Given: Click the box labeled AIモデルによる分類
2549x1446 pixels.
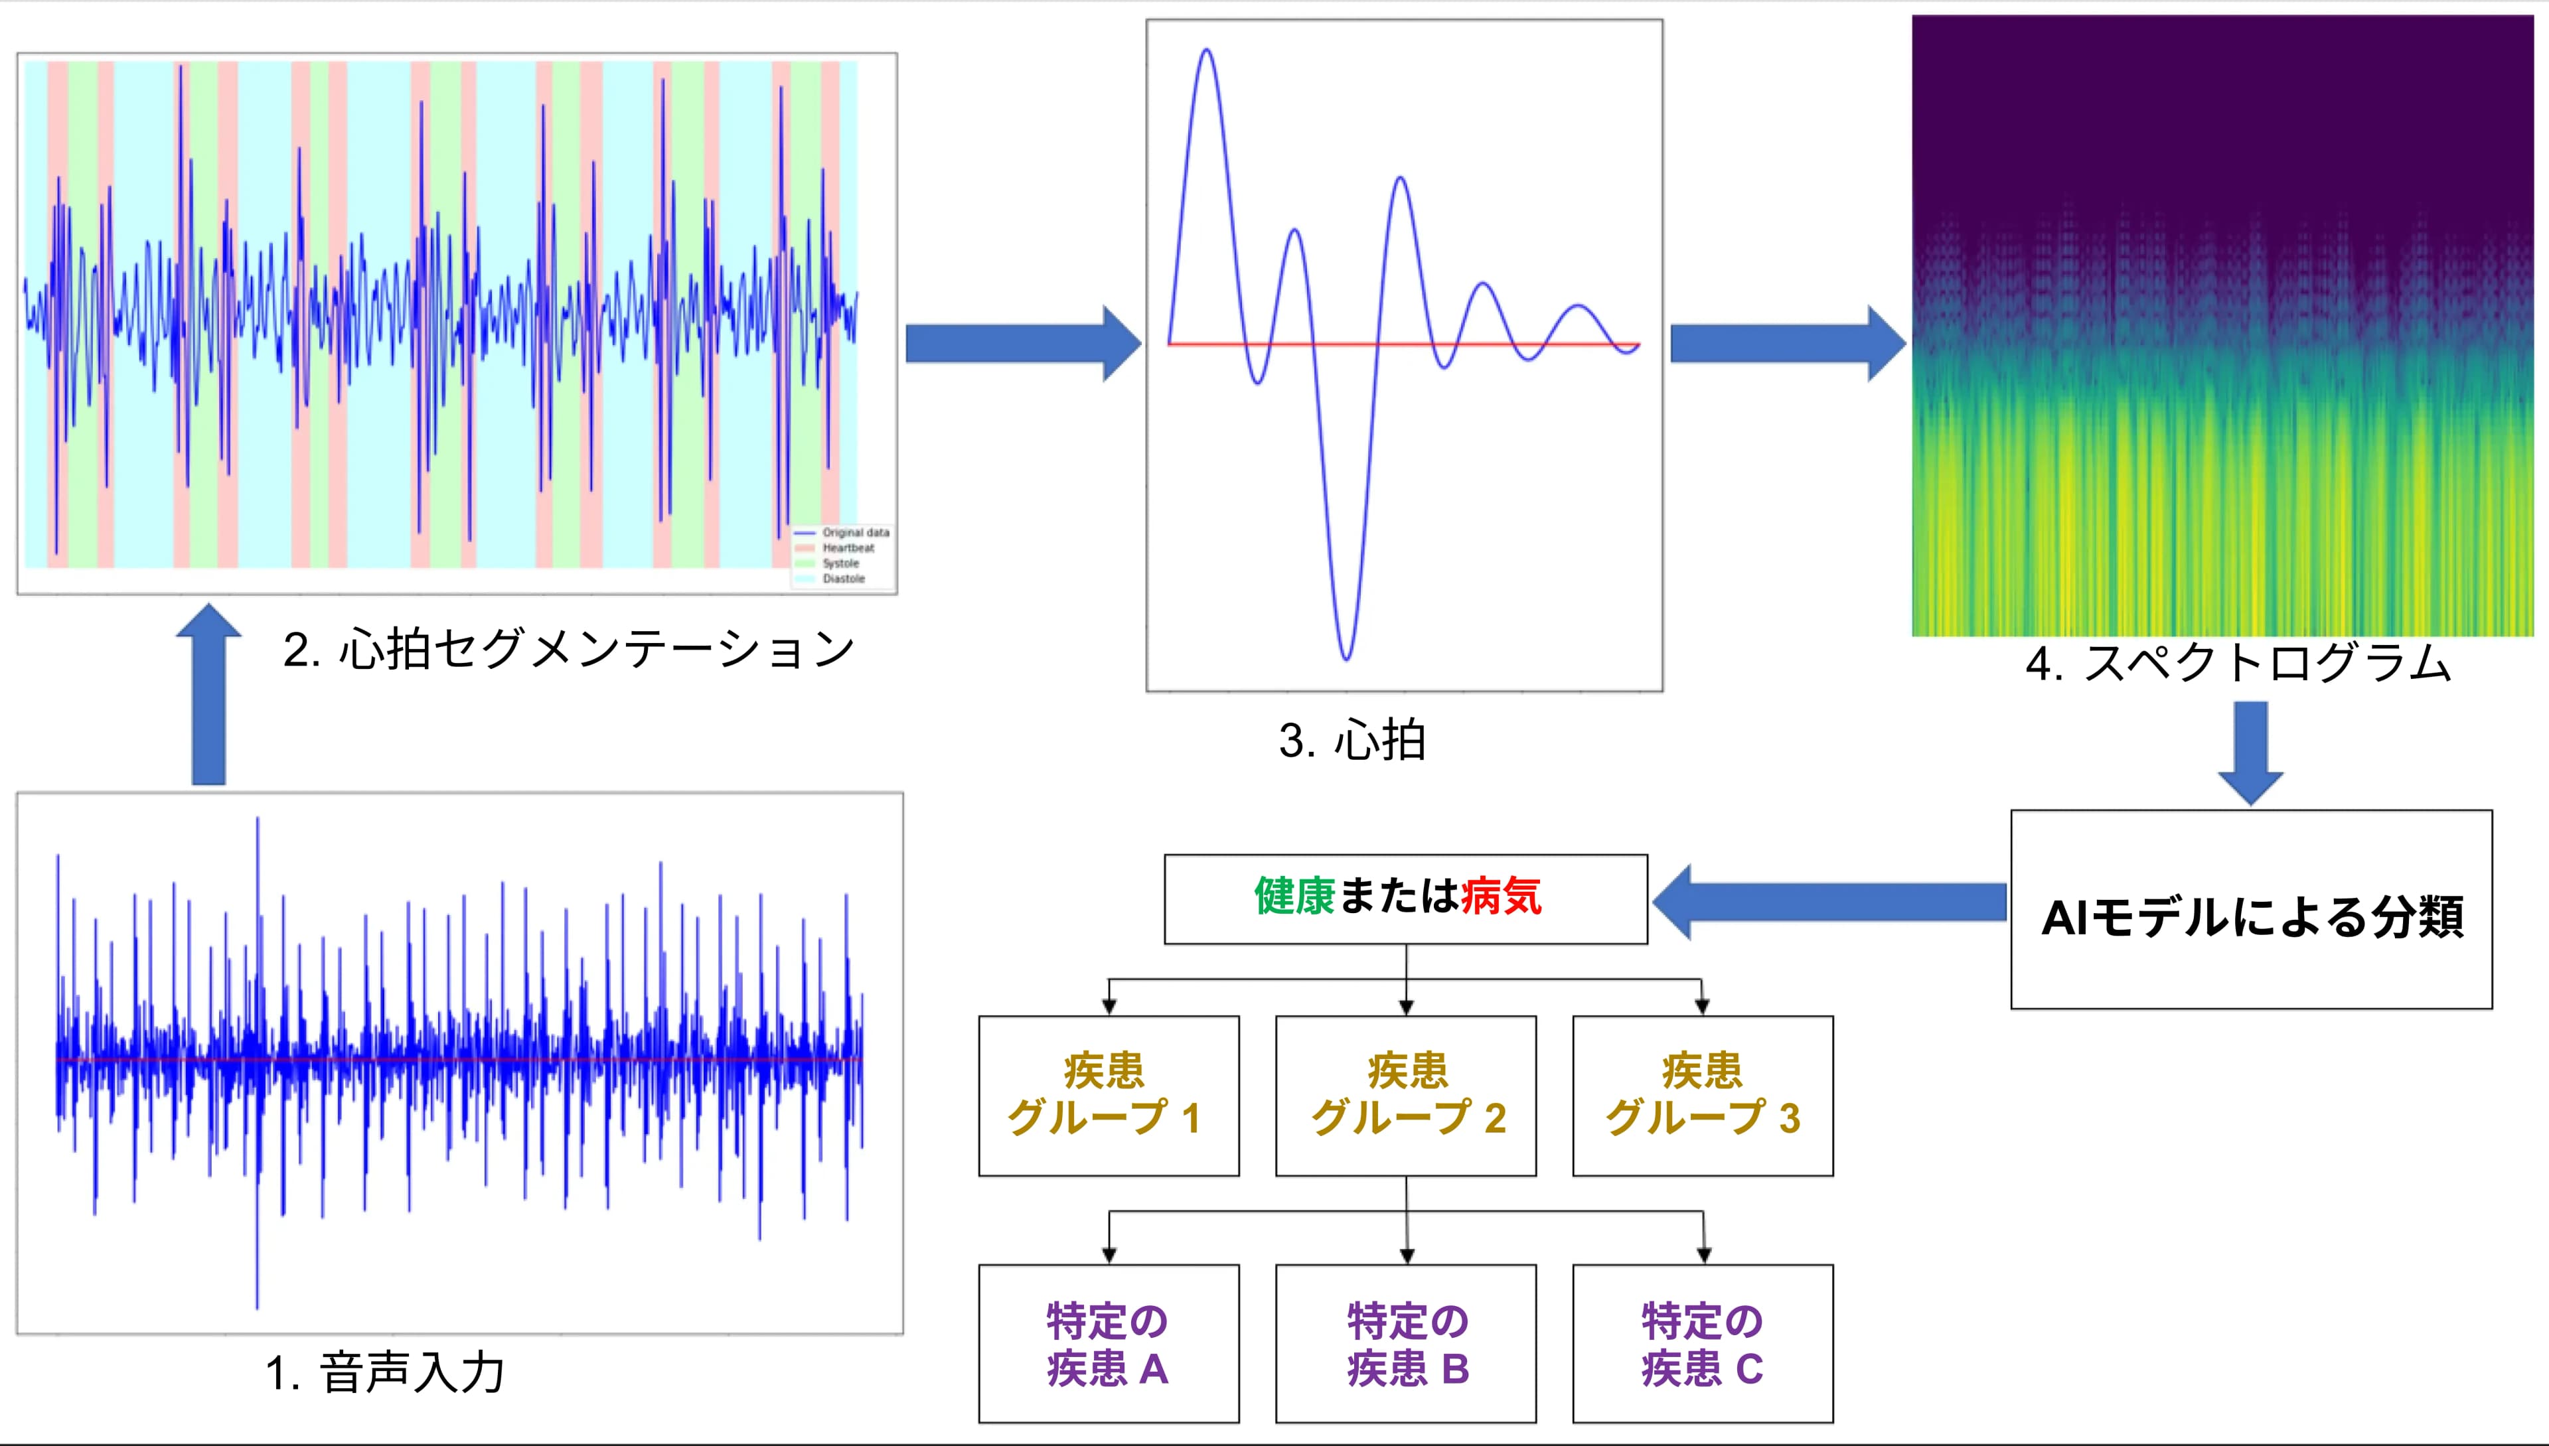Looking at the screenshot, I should [2251, 910].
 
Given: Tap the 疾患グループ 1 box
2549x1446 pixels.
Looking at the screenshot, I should [1109, 1096].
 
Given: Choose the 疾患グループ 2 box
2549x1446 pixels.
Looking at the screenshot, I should [1406, 1096].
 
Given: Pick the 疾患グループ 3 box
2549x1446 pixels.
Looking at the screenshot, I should [1703, 1096].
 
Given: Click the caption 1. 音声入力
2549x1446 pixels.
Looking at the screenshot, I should [386, 1374].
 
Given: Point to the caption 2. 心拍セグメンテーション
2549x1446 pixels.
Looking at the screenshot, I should [568, 650].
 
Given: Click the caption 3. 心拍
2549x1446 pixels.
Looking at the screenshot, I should [1352, 741].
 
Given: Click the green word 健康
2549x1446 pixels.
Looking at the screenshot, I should [1294, 897].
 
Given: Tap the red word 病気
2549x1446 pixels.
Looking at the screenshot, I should [1501, 897].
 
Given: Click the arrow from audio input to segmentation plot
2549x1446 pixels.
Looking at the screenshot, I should [208, 695].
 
